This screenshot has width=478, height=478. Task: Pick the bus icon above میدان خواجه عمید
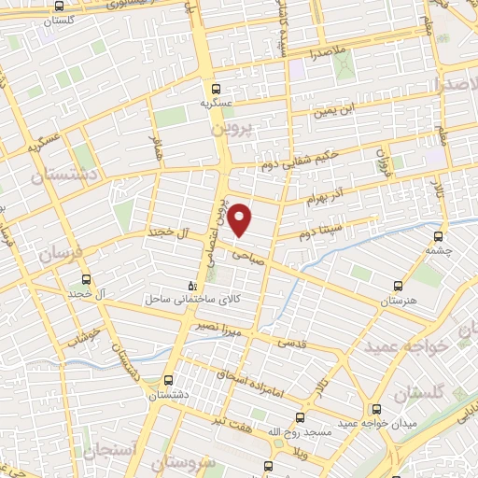click(x=376, y=410)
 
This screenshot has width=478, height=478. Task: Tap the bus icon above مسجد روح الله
click(x=299, y=418)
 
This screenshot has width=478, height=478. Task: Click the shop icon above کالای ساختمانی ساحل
click(x=192, y=287)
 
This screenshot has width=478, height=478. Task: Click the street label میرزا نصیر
click(x=218, y=328)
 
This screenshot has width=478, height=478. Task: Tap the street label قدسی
click(x=292, y=344)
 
